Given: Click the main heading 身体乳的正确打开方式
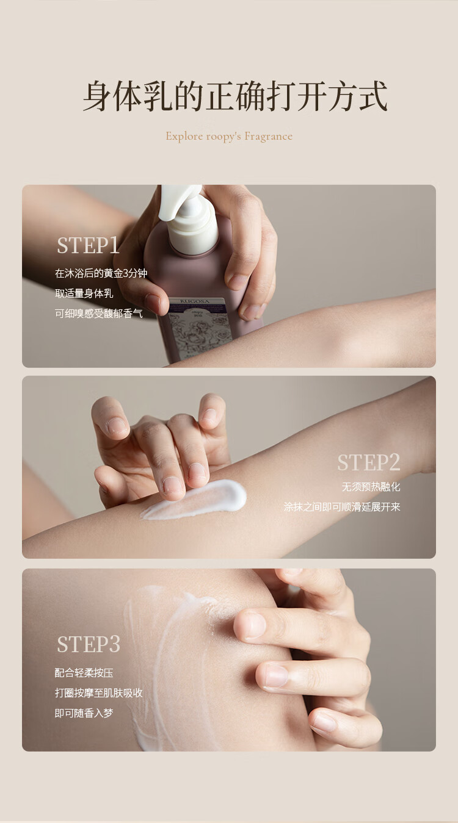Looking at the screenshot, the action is [x=235, y=96].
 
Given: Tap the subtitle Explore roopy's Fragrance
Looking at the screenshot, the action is [x=229, y=136].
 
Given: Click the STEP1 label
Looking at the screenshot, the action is [x=89, y=245].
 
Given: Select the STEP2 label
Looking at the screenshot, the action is [x=369, y=462].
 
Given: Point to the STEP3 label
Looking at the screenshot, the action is [x=89, y=644].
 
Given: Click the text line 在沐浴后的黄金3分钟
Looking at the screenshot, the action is [x=101, y=273].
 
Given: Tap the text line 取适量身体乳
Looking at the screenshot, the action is [x=84, y=293].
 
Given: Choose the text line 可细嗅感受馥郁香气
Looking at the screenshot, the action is [x=98, y=314].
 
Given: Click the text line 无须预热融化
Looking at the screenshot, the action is [x=371, y=487].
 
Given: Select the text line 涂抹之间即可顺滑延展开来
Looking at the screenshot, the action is [x=342, y=507].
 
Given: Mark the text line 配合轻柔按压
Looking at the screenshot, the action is [x=84, y=673].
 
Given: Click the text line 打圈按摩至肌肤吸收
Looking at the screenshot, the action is [x=98, y=693].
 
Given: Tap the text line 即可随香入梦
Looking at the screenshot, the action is [x=84, y=713].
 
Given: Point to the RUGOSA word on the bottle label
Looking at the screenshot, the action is [x=195, y=301].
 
